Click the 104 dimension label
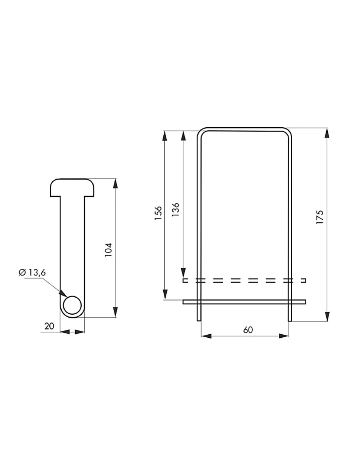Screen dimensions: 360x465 pyautogui.click(x=108, y=250)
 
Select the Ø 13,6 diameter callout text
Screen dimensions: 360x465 pyautogui.click(x=32, y=272)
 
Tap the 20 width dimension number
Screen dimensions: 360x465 pyautogui.click(x=49, y=326)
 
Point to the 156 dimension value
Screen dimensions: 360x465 pyautogui.click(x=158, y=213)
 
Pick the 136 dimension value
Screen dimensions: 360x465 pyautogui.click(x=176, y=209)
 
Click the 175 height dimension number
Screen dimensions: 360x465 pyautogui.click(x=320, y=217)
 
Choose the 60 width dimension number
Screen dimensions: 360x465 pyautogui.click(x=248, y=330)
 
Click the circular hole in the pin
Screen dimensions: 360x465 pyautogui.click(x=72, y=305)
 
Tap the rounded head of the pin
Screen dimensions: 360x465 pyautogui.click(x=72, y=187)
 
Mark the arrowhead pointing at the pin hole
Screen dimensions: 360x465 pyautogui.click(x=63, y=294)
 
